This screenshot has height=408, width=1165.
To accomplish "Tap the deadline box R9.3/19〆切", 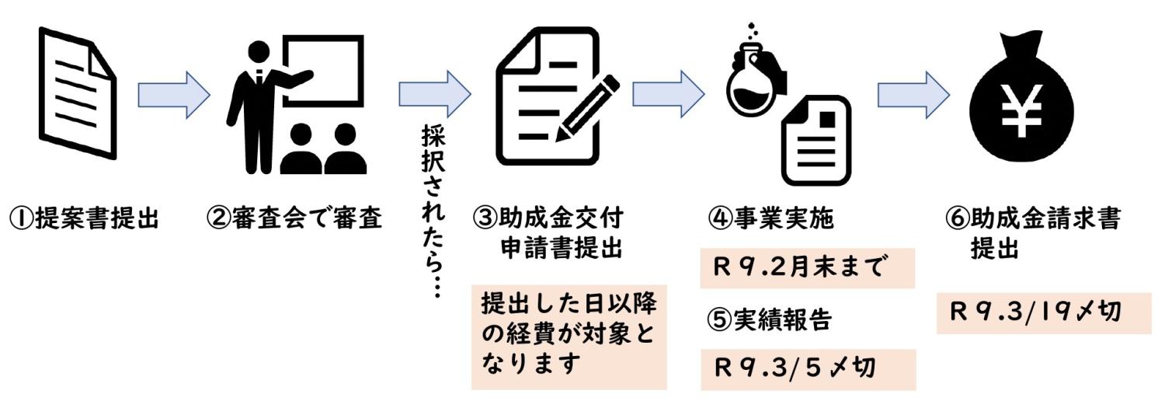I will point(1043,312).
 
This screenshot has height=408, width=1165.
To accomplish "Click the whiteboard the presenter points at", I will point(322,71).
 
